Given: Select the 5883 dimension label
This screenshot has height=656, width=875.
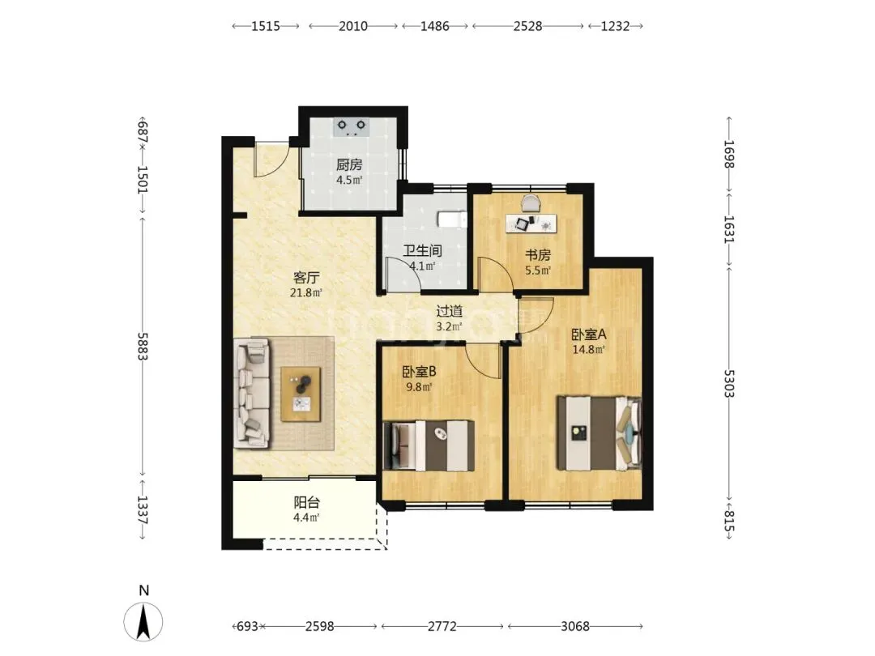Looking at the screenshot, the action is pos(143,347).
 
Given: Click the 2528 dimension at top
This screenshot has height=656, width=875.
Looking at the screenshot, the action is pos(527,26).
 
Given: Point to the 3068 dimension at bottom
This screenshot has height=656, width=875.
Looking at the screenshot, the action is pos(574,626).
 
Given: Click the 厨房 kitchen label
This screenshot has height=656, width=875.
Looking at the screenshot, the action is pos(349,164).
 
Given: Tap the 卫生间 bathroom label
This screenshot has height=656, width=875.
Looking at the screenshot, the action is pos(422,251).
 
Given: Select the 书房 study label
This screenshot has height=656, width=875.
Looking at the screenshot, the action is pos(538,255).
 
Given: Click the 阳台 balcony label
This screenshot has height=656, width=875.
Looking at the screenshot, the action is pos(306,503).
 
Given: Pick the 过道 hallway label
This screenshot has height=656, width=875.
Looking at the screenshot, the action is pos(449,311).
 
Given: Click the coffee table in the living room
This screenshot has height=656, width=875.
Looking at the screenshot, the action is pos(301,394).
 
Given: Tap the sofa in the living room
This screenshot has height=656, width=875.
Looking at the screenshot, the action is pos(252,395).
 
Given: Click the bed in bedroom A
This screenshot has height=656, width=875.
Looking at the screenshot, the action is pos(599,433).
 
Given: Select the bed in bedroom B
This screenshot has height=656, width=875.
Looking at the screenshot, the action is pos(429,445).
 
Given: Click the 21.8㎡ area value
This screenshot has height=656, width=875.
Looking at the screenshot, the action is pos(306,292).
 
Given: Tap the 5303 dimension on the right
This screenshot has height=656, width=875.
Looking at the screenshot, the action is pos(729,383).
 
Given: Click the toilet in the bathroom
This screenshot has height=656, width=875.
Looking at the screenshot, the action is pos(451,219).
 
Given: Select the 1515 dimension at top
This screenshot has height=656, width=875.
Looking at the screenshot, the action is pos(266,26).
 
